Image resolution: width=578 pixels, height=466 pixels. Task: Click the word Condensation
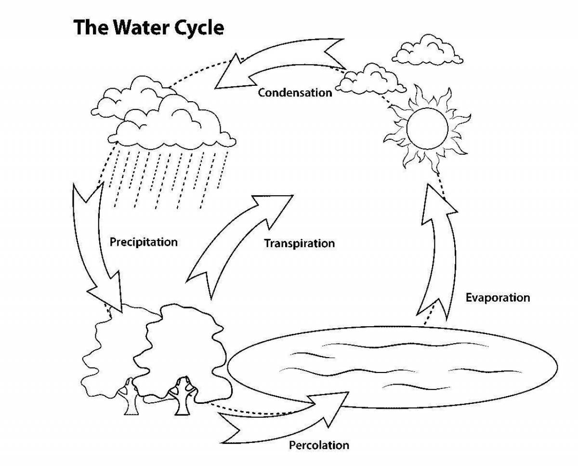pos(295,93)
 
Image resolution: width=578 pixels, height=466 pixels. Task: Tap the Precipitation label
pos(144,242)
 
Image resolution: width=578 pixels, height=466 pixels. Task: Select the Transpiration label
pos(300,243)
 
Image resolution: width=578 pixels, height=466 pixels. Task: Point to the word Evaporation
pos(498,298)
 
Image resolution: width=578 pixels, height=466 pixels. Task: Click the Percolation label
pos(319,445)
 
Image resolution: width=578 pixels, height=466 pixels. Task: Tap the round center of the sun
pos(428,129)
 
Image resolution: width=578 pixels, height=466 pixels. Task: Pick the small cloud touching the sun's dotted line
pos(371,80)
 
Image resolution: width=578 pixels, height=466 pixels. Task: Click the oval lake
pos(392,367)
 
